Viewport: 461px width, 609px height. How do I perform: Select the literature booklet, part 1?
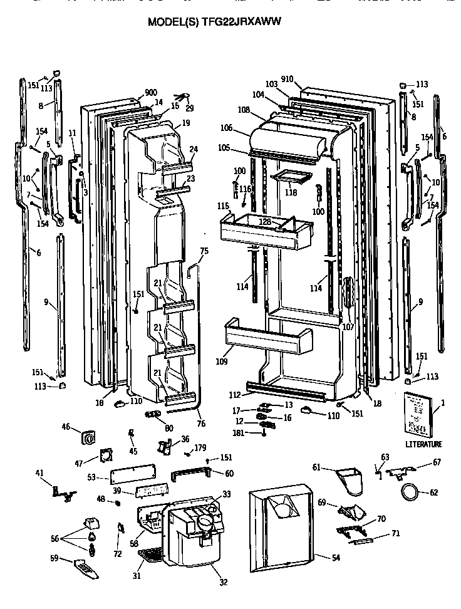coord(417,414)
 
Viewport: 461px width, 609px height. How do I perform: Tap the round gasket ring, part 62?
coord(411,492)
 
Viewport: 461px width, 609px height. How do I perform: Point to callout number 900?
coord(151,93)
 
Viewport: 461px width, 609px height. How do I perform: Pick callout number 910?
coord(287,80)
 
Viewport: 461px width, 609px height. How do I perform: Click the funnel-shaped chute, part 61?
coord(346,479)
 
